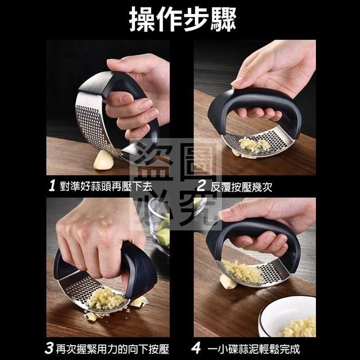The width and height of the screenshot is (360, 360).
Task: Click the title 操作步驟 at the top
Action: [x=182, y=19]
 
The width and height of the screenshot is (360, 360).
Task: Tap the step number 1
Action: [x=52, y=185]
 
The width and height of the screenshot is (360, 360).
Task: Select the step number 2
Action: [x=201, y=186]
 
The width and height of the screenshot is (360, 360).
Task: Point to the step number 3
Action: [x=49, y=348]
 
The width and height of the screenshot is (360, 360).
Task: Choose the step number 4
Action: [x=196, y=348]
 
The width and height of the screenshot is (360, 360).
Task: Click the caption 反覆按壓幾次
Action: [x=241, y=187]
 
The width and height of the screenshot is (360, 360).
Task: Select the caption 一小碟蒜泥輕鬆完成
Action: [x=254, y=349]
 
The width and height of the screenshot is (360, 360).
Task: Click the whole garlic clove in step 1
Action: [x=103, y=160]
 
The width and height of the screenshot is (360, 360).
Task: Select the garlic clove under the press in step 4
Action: [x=228, y=282]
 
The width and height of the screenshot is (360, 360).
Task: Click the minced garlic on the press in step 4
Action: [x=243, y=273]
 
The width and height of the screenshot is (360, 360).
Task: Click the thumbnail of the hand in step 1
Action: [x=114, y=61]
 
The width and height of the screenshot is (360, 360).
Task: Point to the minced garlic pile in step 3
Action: [x=106, y=299]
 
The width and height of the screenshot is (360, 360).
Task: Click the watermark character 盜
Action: [x=151, y=161]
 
